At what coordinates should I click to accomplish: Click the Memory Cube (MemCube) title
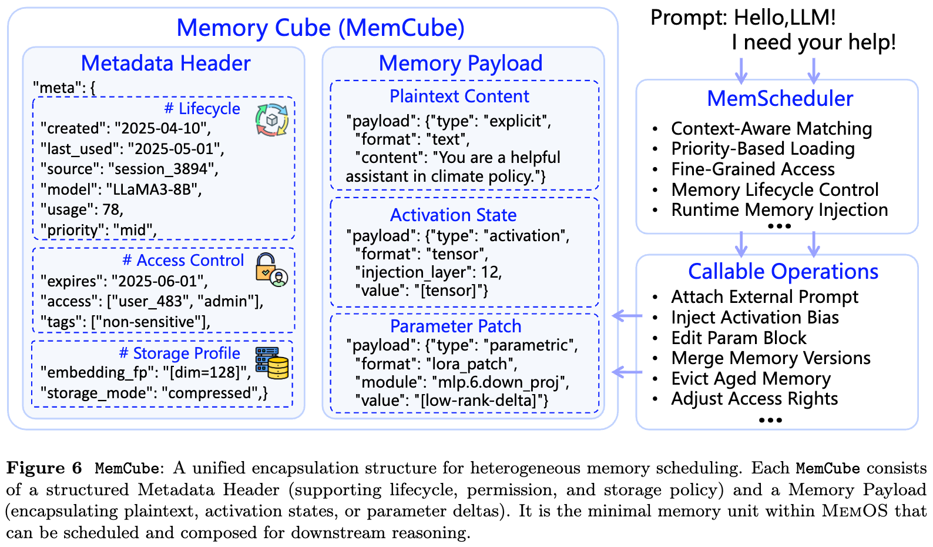[x=320, y=28]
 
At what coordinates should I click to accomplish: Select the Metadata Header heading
[x=166, y=64]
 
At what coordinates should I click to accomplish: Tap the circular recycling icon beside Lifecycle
[x=272, y=120]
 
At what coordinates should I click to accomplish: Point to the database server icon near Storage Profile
[x=272, y=363]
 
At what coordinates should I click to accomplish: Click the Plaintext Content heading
[x=459, y=96]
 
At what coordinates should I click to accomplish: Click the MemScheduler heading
[x=780, y=99]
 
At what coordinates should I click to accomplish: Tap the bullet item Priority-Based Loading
[x=763, y=149]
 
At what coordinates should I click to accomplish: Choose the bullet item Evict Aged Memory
[x=751, y=379]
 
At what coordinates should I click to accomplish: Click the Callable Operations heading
[x=783, y=271]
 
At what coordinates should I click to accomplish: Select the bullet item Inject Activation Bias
[x=755, y=318]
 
